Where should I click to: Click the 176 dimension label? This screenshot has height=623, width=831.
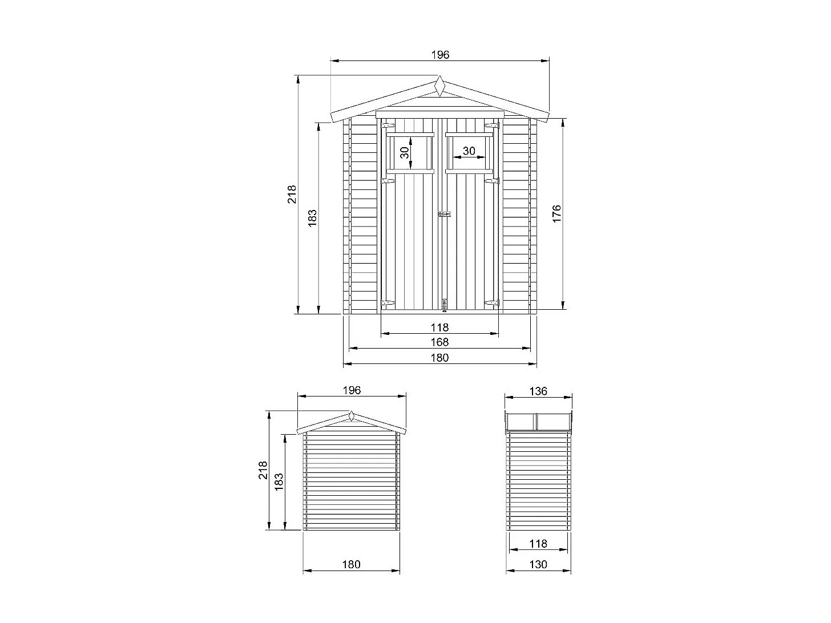click(x=557, y=213)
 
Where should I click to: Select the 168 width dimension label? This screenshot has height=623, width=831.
click(x=440, y=342)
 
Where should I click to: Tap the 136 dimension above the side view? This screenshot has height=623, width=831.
click(x=538, y=391)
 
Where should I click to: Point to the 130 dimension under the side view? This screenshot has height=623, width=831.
click(x=538, y=564)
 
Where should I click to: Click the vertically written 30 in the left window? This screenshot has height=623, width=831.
click(x=404, y=152)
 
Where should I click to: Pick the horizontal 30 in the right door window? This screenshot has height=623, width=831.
click(x=469, y=151)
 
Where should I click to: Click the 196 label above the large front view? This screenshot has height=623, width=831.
click(x=440, y=55)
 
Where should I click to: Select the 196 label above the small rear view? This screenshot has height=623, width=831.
click(x=352, y=390)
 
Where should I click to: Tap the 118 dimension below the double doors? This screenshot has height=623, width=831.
click(x=440, y=327)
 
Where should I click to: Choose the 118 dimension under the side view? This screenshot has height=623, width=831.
click(x=538, y=544)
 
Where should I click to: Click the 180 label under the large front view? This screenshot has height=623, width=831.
click(x=440, y=358)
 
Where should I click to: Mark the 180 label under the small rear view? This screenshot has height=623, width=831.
click(x=352, y=564)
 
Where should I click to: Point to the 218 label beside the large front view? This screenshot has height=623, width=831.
click(x=292, y=194)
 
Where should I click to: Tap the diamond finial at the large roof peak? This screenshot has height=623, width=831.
click(x=439, y=87)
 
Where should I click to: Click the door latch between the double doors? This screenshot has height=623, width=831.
click(x=443, y=215)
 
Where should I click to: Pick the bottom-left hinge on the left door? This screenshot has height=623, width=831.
click(x=388, y=303)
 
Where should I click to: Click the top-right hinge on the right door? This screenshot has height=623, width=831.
click(x=491, y=126)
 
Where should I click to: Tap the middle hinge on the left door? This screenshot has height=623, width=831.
click(x=388, y=181)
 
